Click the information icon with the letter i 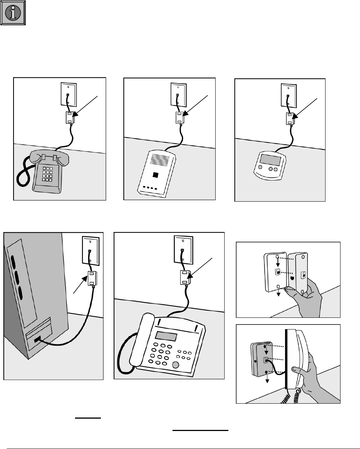coord(13,13)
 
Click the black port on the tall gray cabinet coord(38,340)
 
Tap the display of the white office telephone coord(166,335)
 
